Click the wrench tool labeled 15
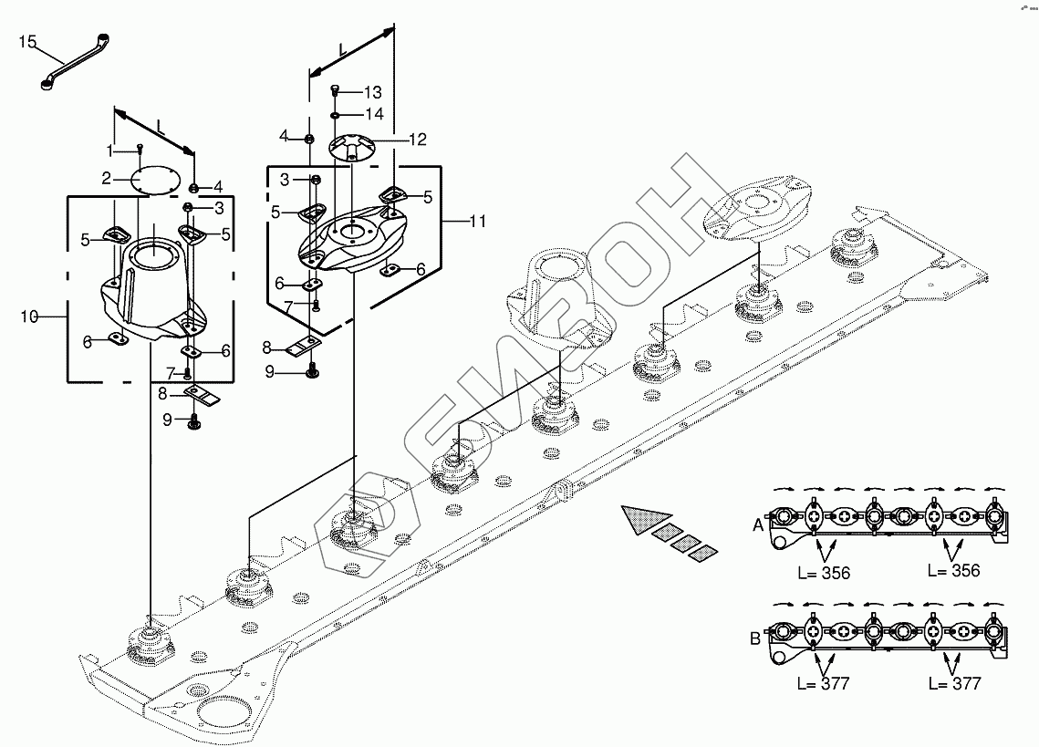(76, 62)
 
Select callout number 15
(26, 41)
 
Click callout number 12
(417, 140)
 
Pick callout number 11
(477, 221)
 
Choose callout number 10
(28, 316)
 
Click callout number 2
(106, 178)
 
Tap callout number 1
(109, 149)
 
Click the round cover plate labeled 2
(151, 178)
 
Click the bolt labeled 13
(335, 92)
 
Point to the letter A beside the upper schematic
(757, 525)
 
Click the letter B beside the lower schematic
(755, 638)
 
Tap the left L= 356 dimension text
(824, 573)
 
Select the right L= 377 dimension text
(953, 684)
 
